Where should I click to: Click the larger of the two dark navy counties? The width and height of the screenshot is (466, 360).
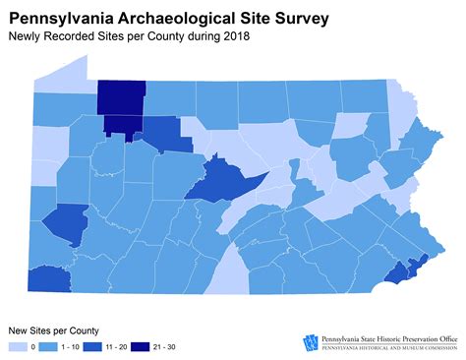(x=121, y=96)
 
